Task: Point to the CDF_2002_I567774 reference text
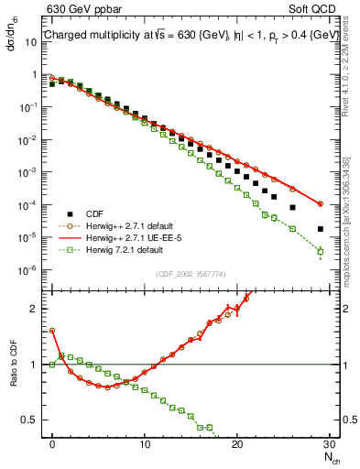point(191,274)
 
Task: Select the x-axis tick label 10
point(145,445)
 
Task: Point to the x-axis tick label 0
point(52,445)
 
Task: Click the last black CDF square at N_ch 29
point(320,229)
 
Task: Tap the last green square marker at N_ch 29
point(320,251)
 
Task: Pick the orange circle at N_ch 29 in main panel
point(320,203)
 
